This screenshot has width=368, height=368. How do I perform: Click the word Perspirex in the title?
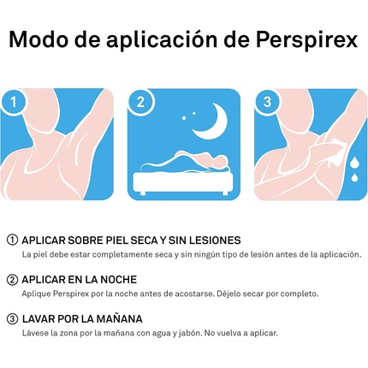click(306, 39)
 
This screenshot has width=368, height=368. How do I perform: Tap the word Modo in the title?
click(39, 39)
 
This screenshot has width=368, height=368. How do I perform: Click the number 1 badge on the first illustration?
click(13, 102)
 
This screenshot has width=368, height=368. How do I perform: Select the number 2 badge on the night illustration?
click(140, 102)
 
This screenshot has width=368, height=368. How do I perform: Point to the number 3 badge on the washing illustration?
click(267, 102)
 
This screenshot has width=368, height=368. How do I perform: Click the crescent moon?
click(211, 122)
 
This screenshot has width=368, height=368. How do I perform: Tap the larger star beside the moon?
click(184, 117)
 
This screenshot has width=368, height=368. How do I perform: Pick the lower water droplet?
click(354, 177)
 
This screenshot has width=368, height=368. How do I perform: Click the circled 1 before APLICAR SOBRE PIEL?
click(12, 240)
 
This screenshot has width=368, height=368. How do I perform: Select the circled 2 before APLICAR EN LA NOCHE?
click(12, 280)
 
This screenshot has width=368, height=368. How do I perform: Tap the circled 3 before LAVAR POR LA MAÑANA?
click(12, 319)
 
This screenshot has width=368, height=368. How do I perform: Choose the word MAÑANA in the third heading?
click(119, 318)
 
